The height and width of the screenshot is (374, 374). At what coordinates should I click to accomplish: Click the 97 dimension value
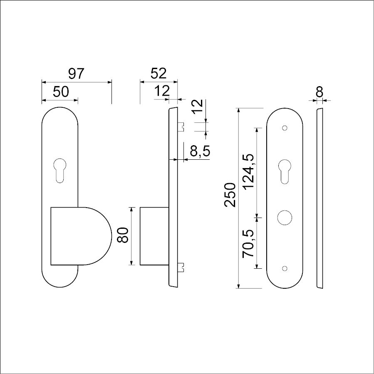click(76, 74)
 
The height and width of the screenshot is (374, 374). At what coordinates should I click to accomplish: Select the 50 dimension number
click(61, 92)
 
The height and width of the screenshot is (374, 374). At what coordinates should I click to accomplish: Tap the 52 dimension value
click(159, 74)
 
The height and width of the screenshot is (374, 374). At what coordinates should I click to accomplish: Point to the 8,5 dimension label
click(200, 151)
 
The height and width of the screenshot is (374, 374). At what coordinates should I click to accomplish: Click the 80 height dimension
click(123, 235)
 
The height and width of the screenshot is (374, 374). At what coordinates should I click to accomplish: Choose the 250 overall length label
click(230, 195)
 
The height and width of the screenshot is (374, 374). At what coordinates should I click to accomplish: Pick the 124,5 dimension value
click(248, 171)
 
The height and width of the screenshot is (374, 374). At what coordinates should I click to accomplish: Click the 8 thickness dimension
click(320, 92)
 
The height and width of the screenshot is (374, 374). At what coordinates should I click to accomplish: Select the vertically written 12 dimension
click(198, 107)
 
